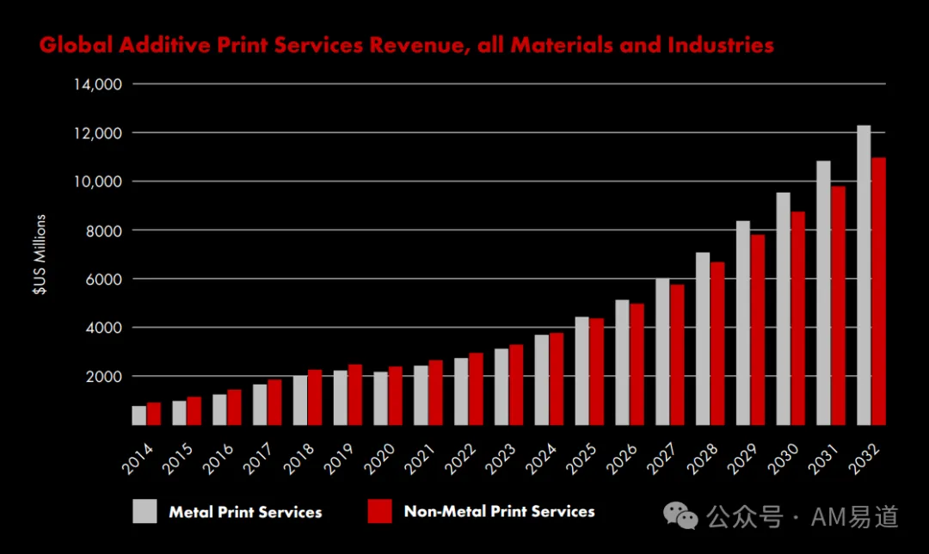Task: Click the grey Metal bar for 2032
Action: tap(864, 275)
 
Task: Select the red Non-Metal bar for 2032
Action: tap(878, 291)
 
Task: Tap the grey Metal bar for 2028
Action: tap(703, 338)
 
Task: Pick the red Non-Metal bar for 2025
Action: tap(597, 372)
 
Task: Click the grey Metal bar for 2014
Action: tap(139, 415)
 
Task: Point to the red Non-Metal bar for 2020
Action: tap(395, 396)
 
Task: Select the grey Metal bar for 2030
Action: tap(784, 309)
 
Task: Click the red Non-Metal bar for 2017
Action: tap(274, 403)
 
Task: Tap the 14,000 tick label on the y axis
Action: tap(98, 84)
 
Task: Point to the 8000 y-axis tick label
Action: tap(104, 231)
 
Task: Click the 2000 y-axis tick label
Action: tap(104, 376)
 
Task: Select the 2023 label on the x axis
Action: tap(501, 459)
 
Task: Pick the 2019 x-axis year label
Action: tap(340, 459)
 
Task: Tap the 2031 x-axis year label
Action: tap(823, 459)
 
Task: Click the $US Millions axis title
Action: tap(39, 254)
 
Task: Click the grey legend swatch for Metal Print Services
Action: tap(145, 511)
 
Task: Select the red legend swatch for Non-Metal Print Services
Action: tap(380, 511)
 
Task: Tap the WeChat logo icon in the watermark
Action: tap(680, 516)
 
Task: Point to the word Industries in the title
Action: tap(721, 45)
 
